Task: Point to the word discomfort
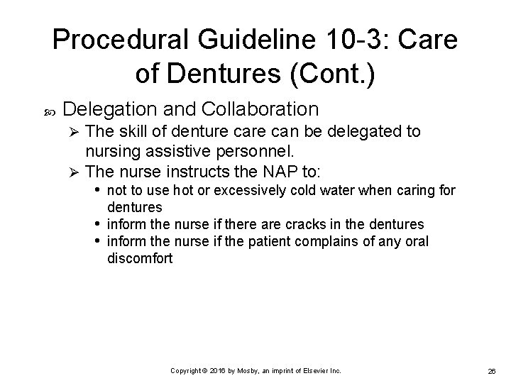tap(139, 258)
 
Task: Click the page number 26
tap(491, 371)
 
